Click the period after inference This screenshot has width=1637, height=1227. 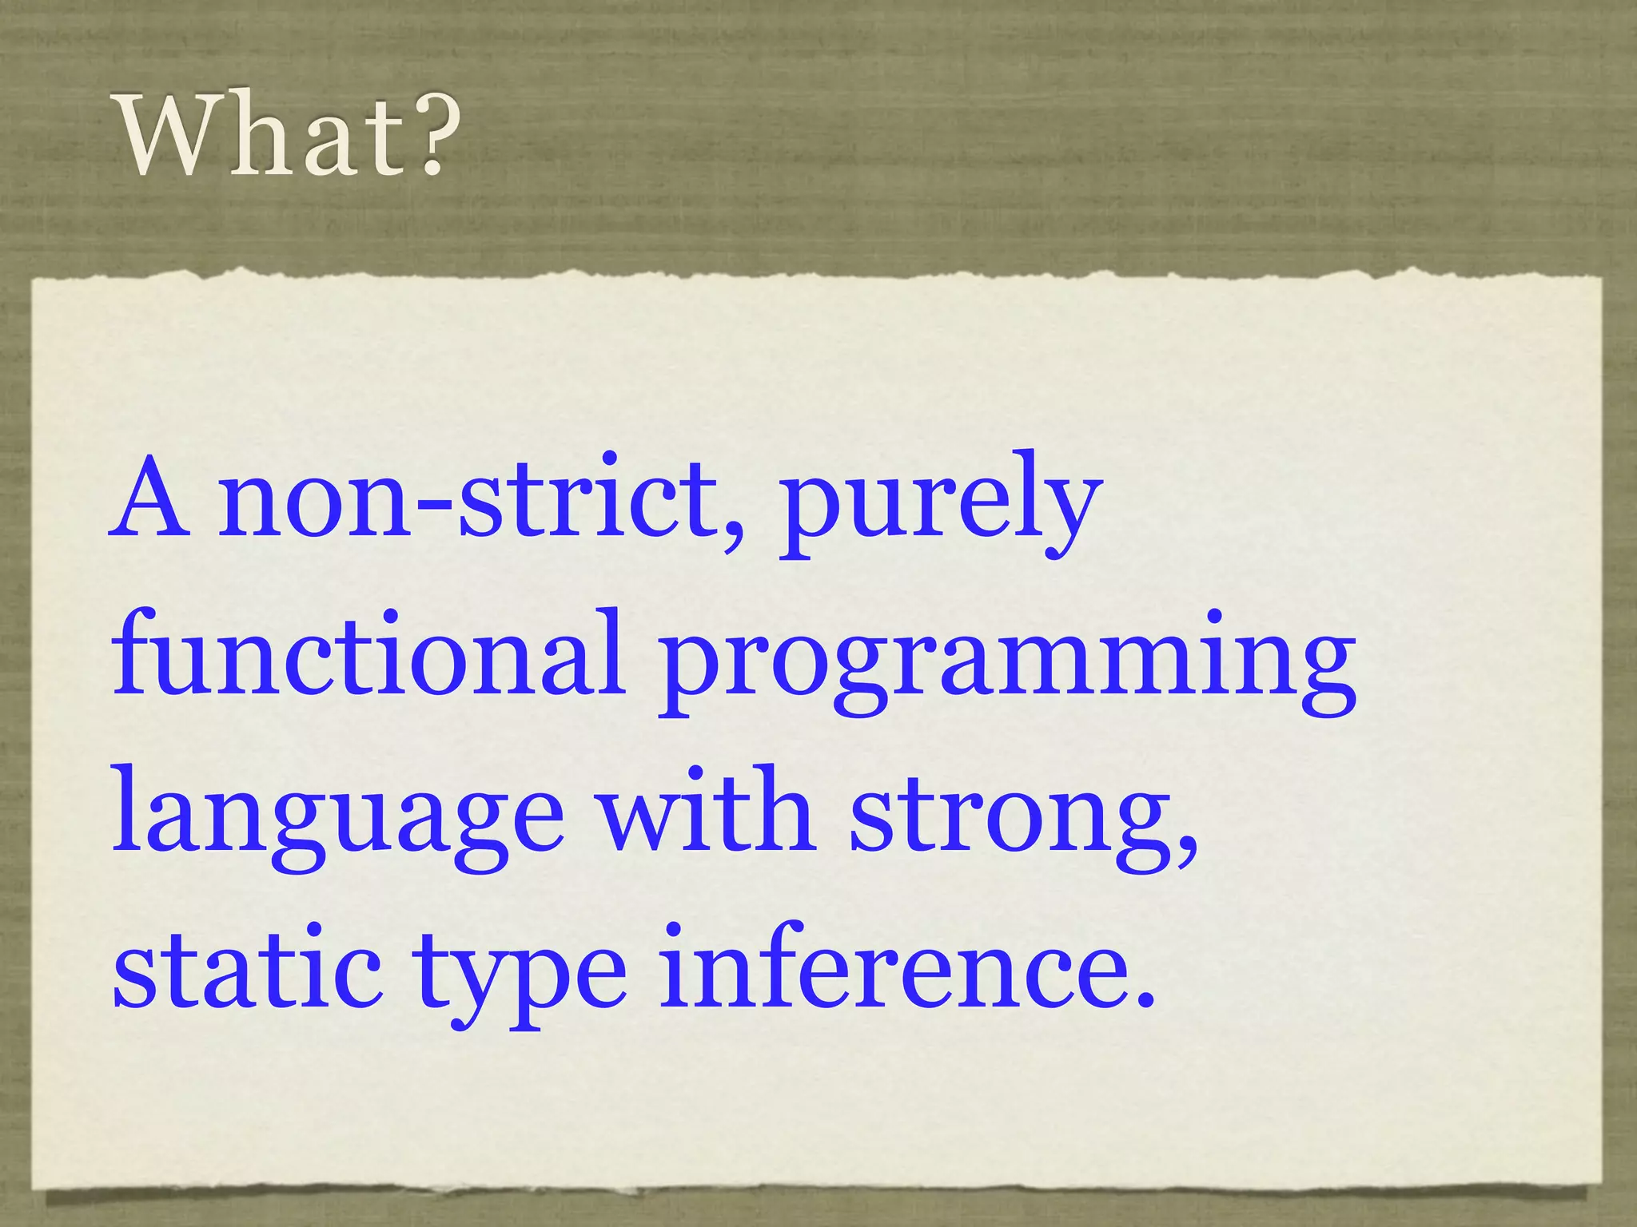[x=1145, y=999]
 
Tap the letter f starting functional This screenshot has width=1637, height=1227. [x=133, y=651]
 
